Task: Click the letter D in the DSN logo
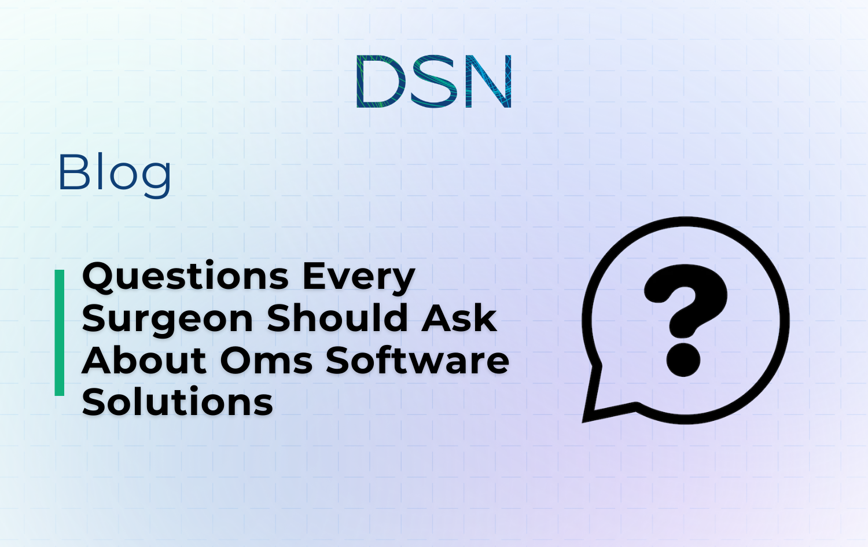point(379,81)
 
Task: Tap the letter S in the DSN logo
point(435,81)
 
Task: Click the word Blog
point(114,172)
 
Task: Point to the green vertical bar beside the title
point(60,333)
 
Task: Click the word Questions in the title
point(185,277)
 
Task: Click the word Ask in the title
point(459,319)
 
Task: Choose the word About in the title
point(145,361)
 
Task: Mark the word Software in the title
point(417,361)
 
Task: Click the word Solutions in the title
point(178,402)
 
